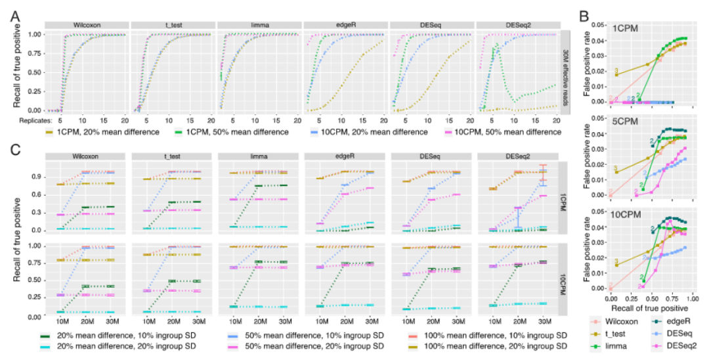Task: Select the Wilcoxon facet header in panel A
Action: tap(86, 26)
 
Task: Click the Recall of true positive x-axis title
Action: tap(648, 307)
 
